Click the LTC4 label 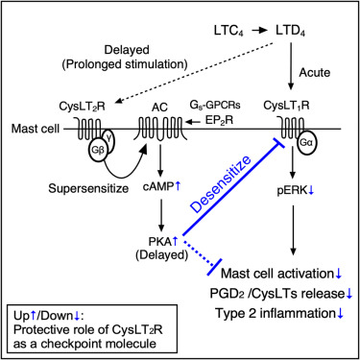(x=228, y=31)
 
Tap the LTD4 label (x=290, y=31)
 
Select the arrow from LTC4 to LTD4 (x=259, y=31)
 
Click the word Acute (x=314, y=73)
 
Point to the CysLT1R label (x=286, y=106)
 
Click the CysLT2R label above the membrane (x=82, y=107)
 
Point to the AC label (x=159, y=108)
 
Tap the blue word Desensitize (x=221, y=183)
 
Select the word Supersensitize (x=88, y=188)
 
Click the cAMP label (x=158, y=186)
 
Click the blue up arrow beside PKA (x=175, y=242)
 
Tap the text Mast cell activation (x=277, y=274)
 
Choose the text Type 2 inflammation (x=275, y=313)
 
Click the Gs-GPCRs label (x=215, y=106)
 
